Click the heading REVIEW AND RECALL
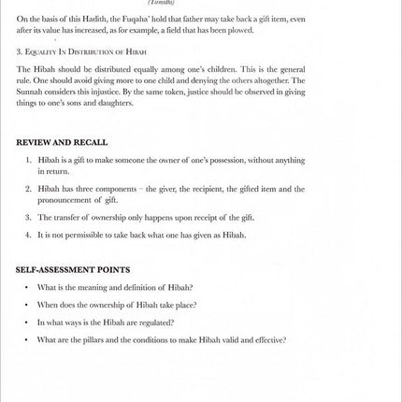click(x=62, y=142)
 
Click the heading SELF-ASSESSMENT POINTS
click(x=73, y=269)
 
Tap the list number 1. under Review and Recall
click(x=29, y=160)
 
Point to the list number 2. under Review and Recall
click(x=29, y=188)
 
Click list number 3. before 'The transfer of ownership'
click(x=29, y=217)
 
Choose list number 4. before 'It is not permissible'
click(x=29, y=235)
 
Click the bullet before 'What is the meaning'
click(x=27, y=287)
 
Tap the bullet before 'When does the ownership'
click(x=27, y=305)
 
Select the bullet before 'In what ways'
click(x=27, y=323)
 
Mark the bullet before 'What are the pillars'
click(x=27, y=340)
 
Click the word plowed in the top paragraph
click(x=240, y=29)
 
